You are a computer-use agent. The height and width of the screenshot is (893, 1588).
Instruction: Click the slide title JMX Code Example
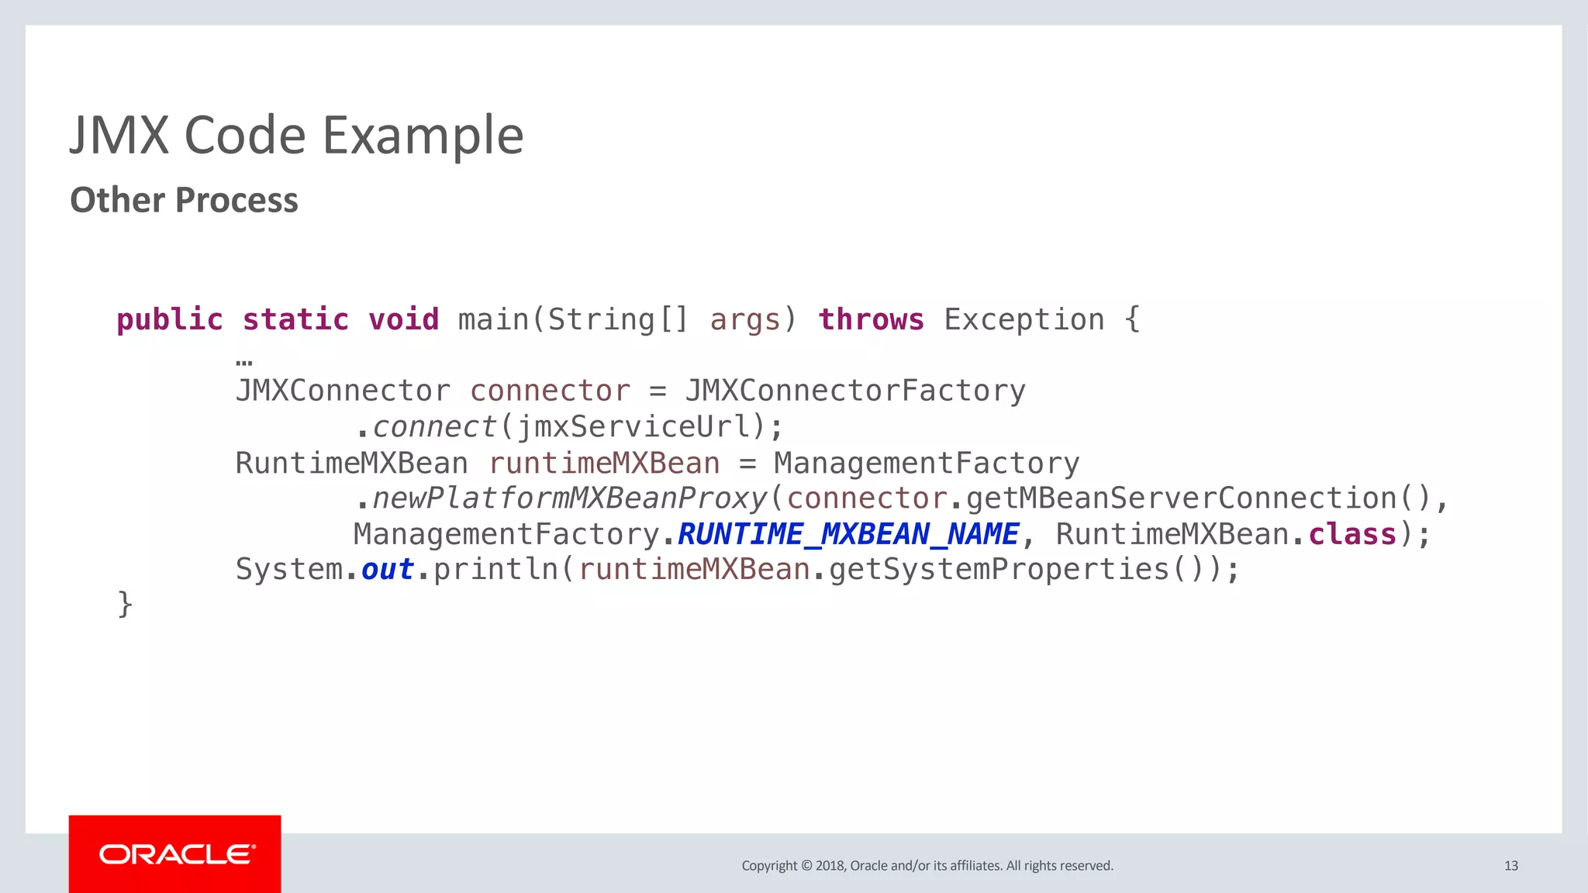click(296, 136)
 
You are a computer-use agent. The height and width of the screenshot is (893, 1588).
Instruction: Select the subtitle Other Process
click(184, 200)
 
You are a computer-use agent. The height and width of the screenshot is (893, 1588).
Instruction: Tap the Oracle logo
click(175, 854)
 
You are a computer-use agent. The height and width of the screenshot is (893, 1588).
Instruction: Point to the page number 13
click(1510, 866)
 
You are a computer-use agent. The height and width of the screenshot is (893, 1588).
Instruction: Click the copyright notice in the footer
click(927, 866)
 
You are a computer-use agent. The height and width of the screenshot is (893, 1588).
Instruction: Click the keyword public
click(170, 319)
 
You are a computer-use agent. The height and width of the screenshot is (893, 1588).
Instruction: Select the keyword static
click(295, 319)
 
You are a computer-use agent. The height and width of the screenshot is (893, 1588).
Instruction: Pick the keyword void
click(403, 319)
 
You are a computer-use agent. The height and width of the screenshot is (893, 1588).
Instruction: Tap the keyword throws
click(871, 319)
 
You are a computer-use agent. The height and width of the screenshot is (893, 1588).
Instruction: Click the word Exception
click(1024, 319)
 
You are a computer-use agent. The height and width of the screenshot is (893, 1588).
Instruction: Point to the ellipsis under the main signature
click(243, 362)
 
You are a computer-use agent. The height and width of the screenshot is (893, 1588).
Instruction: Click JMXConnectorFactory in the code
click(855, 391)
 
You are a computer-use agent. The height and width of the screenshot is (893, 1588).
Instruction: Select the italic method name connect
click(434, 426)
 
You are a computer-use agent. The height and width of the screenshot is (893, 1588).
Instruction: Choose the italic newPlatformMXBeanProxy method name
click(569, 498)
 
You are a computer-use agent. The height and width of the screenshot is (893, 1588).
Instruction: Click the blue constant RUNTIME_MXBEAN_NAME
click(848, 534)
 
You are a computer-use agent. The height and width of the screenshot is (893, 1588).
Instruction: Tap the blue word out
click(388, 570)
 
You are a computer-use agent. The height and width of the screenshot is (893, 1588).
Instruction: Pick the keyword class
click(1352, 534)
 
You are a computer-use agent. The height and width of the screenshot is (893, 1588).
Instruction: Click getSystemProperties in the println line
click(999, 570)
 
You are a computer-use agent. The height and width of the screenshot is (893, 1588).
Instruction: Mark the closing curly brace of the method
click(125, 605)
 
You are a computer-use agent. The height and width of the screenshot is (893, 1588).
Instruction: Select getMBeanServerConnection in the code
click(1182, 498)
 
